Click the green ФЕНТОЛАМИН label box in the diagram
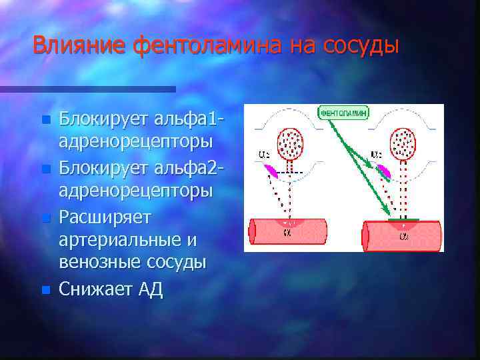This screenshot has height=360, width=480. click(x=344, y=113)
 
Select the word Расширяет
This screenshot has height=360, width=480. click(x=105, y=216)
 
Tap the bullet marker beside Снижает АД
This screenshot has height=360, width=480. click(x=45, y=290)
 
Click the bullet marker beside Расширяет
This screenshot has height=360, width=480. click(x=45, y=217)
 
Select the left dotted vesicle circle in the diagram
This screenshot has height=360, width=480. click(x=290, y=142)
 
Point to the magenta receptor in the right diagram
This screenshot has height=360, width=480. click(x=384, y=171)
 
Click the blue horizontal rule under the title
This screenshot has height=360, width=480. click(x=87, y=89)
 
